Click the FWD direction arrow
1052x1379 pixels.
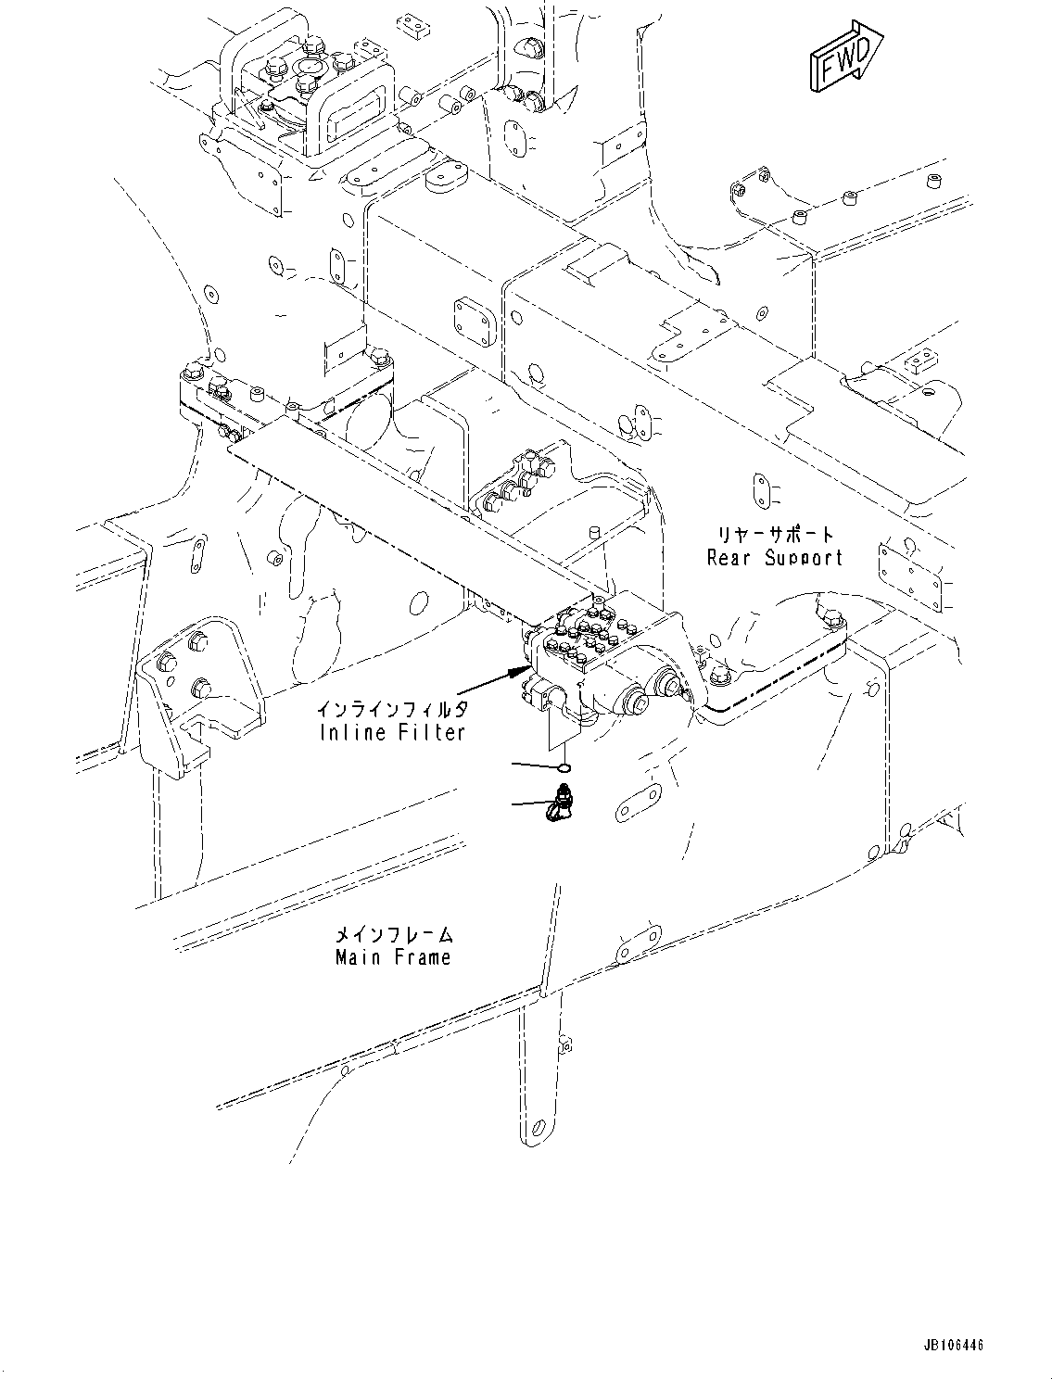pyautogui.click(x=845, y=57)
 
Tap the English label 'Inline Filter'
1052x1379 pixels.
pyautogui.click(x=391, y=732)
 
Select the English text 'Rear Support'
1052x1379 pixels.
pyautogui.click(x=775, y=558)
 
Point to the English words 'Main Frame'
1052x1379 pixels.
pyautogui.click(x=393, y=957)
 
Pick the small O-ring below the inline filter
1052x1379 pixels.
pyautogui.click(x=564, y=767)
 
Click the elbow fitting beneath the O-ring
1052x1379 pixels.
pyautogui.click(x=559, y=803)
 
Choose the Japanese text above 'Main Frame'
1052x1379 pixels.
pyautogui.click(x=393, y=935)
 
